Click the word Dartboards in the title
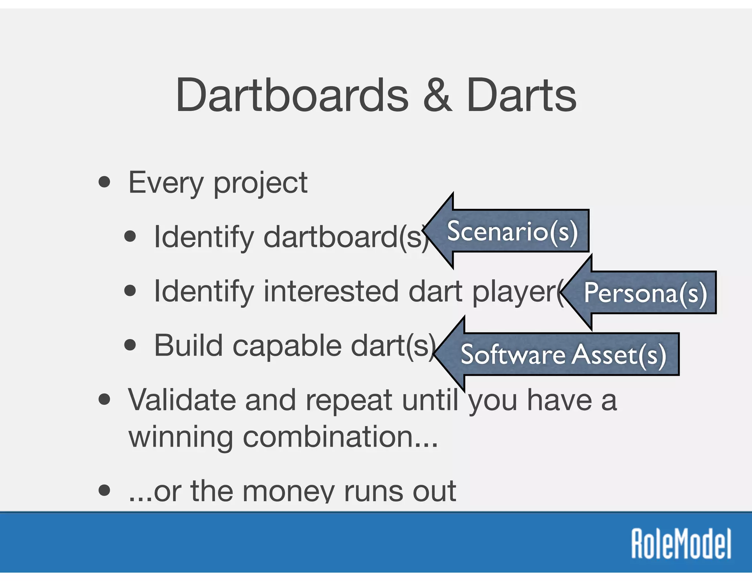[x=292, y=95]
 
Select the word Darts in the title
[x=521, y=95]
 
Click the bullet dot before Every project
[x=105, y=182]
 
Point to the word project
[x=260, y=184]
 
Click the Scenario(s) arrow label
[x=512, y=231]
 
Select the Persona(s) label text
[x=645, y=293]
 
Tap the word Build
[x=188, y=345]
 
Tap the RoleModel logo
[x=681, y=544]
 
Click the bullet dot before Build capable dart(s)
[x=130, y=345]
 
